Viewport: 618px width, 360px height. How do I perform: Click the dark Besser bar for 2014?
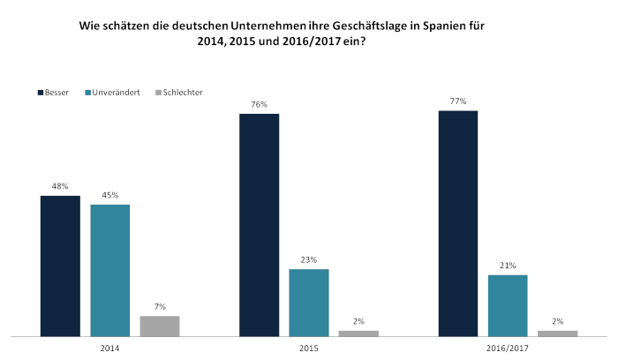click(x=60, y=266)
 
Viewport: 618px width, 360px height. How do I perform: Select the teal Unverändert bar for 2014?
click(x=110, y=271)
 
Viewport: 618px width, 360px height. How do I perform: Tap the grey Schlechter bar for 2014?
click(x=160, y=326)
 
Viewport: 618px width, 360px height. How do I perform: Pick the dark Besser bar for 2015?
click(x=260, y=225)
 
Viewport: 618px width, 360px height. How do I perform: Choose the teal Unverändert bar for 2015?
click(x=309, y=303)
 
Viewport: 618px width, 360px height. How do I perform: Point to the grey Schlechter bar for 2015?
click(x=358, y=334)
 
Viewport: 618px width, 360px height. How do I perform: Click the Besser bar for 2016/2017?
click(x=458, y=224)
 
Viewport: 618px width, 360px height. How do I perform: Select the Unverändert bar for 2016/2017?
click(x=508, y=305)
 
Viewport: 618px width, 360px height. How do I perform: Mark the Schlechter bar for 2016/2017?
click(x=558, y=334)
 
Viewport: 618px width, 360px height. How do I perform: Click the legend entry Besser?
click(x=53, y=93)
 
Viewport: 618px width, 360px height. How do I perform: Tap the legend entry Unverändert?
click(x=112, y=93)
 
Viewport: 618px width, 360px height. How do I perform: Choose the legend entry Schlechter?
click(x=179, y=93)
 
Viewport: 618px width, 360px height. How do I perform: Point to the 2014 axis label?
click(x=109, y=349)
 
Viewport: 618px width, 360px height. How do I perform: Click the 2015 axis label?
click(x=309, y=349)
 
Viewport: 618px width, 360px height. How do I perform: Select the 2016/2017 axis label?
click(x=508, y=349)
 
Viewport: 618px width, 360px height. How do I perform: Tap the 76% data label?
click(x=260, y=104)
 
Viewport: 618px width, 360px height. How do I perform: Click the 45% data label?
click(x=110, y=195)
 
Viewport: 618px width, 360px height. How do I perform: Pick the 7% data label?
click(x=160, y=306)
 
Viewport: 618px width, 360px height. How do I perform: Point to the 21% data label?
click(x=508, y=266)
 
